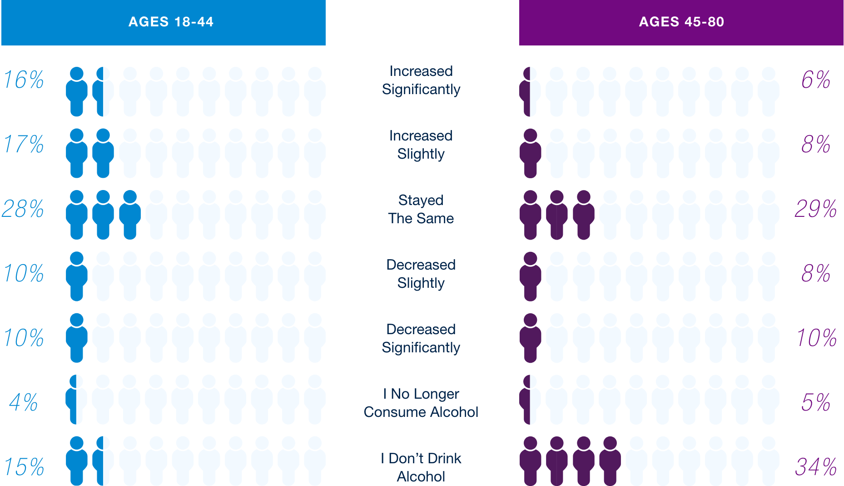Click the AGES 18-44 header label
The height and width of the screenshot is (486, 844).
(x=171, y=22)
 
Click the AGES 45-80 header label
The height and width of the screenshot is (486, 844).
(x=681, y=22)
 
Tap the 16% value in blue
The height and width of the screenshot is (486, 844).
(x=24, y=80)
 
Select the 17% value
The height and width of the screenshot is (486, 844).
(x=24, y=144)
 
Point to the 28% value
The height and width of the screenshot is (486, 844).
(x=23, y=209)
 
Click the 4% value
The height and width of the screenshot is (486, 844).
(x=24, y=402)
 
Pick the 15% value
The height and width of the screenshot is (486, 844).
(x=24, y=467)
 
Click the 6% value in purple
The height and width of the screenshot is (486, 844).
(x=816, y=80)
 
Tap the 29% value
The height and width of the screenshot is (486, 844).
(x=816, y=209)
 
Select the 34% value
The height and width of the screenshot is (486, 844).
(x=816, y=467)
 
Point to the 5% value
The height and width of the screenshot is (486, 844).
(x=816, y=402)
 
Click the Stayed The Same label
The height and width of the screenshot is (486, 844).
(x=421, y=209)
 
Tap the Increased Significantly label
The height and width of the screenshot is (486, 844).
(x=421, y=80)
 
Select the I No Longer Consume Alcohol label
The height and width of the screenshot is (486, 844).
(x=421, y=403)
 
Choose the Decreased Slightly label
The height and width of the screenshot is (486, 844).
(x=421, y=274)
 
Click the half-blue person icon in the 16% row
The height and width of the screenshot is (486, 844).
(x=103, y=91)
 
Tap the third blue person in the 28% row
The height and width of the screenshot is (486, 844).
(x=130, y=215)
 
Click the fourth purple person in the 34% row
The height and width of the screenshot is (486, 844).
(x=610, y=461)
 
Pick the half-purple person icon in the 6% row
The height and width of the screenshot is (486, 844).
(x=530, y=91)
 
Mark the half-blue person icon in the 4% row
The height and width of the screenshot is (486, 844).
(x=76, y=399)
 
